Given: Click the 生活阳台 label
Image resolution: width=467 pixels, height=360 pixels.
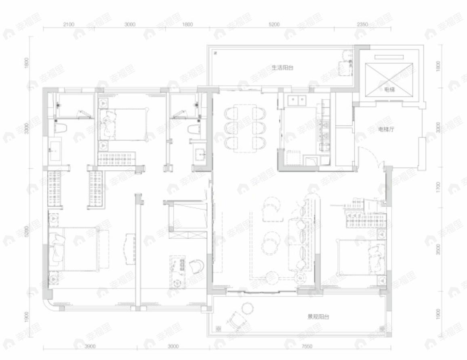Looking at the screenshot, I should [282, 68].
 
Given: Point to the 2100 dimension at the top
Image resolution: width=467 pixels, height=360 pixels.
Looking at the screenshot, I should [69, 24].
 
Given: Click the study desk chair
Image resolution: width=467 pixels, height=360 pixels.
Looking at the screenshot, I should [197, 266].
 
